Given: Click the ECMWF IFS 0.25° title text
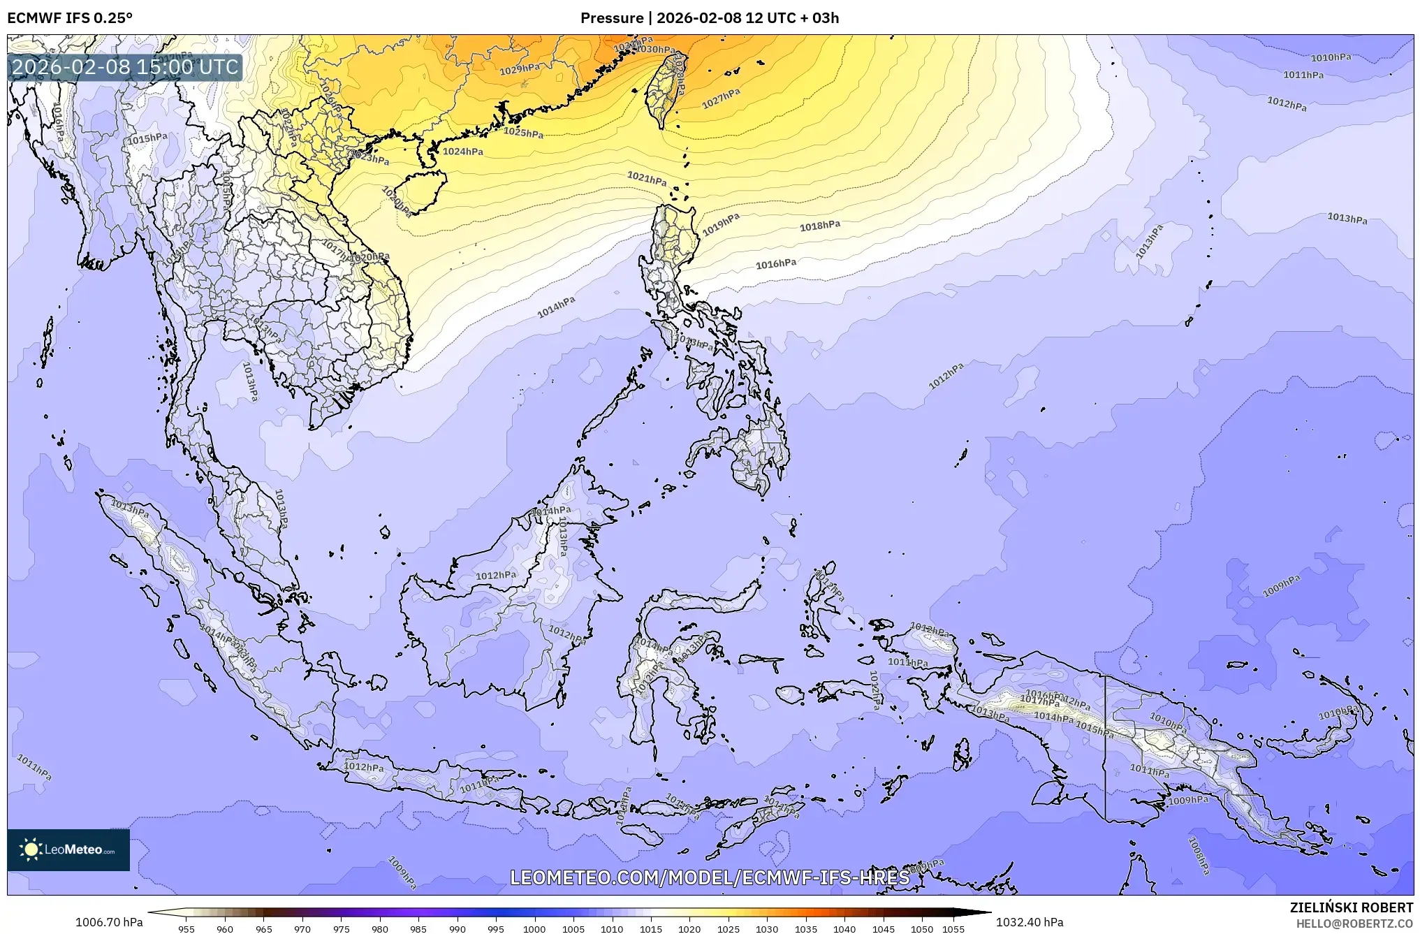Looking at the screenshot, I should [x=70, y=17].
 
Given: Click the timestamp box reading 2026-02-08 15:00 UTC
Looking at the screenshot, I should [x=126, y=67].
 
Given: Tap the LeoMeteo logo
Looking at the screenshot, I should [x=68, y=849].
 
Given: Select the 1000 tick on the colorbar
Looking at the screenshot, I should [x=534, y=929].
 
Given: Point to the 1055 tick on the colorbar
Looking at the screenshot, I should [x=953, y=929].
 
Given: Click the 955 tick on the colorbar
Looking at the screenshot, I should [x=186, y=929].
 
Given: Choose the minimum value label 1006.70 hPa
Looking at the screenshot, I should [x=109, y=922].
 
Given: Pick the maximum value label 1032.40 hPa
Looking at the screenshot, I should [x=1030, y=922].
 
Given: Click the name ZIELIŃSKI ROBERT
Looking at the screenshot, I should [x=1351, y=907].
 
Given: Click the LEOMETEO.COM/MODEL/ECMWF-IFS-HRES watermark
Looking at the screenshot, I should [x=710, y=877].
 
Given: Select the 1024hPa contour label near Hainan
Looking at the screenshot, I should [x=463, y=152].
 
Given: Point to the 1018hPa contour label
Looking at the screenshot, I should [x=820, y=226].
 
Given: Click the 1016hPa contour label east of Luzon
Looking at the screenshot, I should [x=776, y=264].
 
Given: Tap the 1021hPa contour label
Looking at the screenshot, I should [x=647, y=179].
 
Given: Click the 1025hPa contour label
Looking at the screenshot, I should [x=523, y=132].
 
